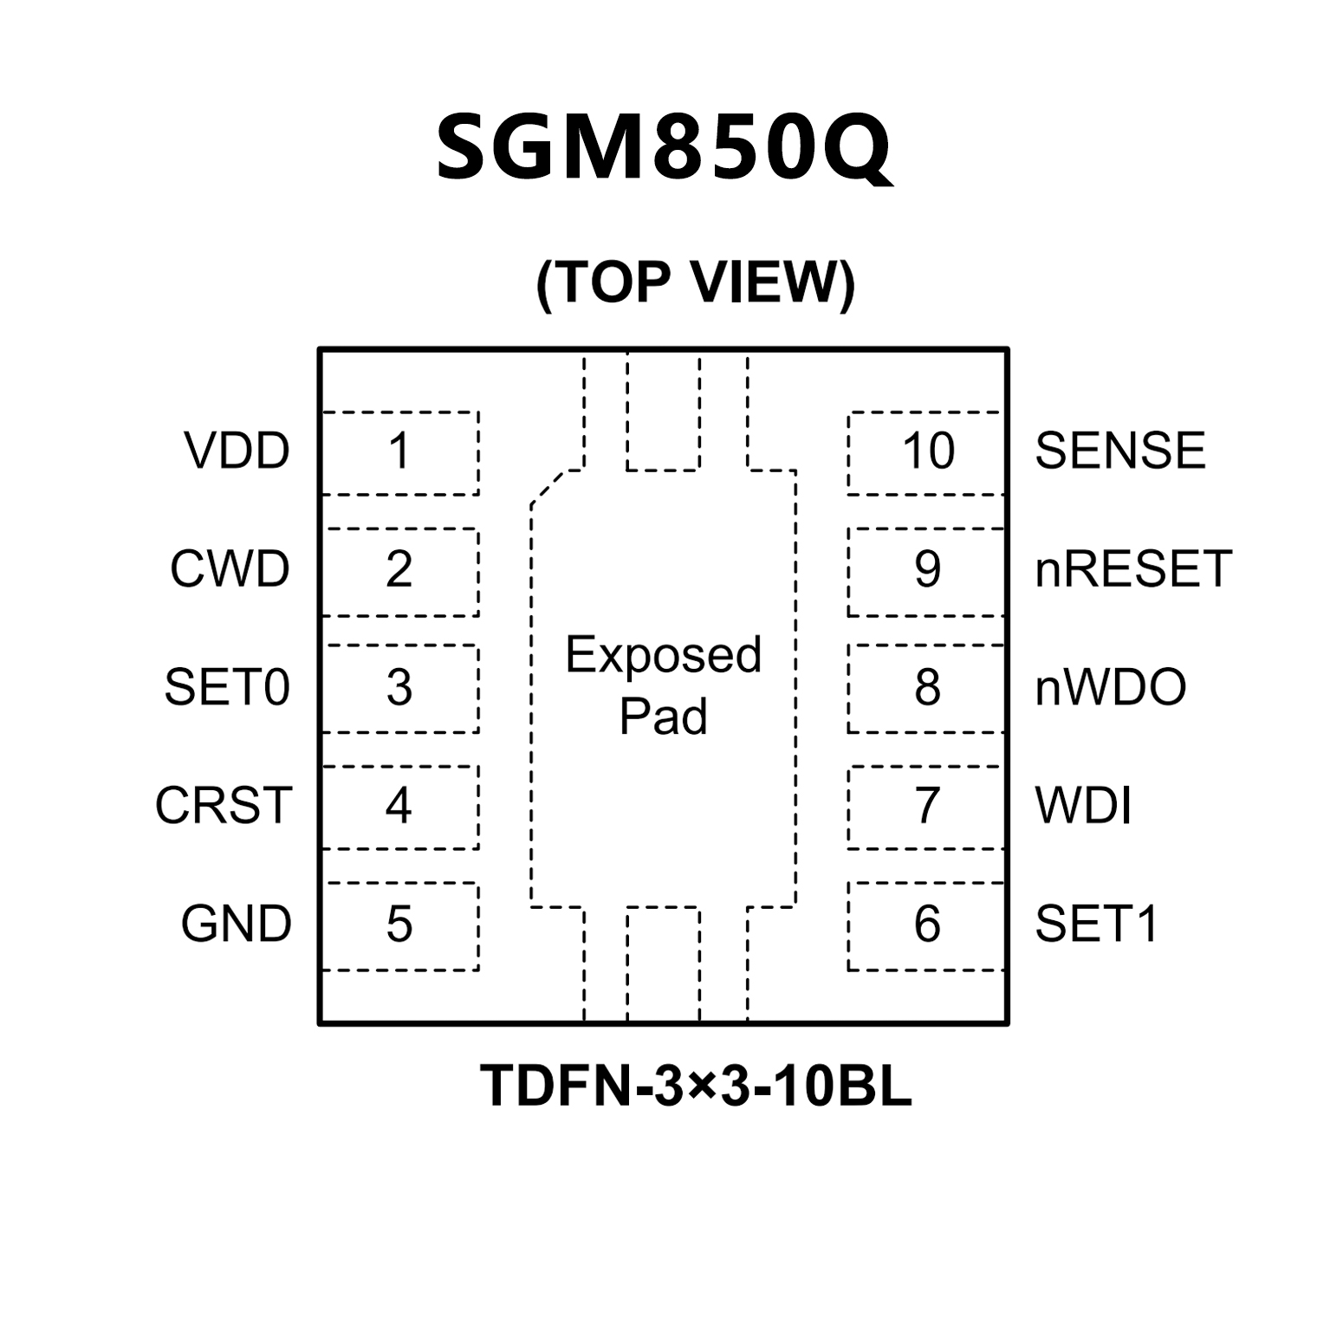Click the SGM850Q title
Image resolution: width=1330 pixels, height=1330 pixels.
[x=663, y=147]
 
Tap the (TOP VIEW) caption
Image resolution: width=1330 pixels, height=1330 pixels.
[x=696, y=282]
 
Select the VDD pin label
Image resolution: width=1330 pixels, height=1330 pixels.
[x=237, y=451]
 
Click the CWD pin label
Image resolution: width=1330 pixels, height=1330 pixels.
[x=230, y=569]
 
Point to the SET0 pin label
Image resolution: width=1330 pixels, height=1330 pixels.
[x=226, y=687]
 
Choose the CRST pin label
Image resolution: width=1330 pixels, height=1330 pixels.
[x=224, y=806]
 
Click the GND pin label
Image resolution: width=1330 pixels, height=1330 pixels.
[x=236, y=924]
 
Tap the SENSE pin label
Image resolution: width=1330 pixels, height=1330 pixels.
[x=1119, y=451]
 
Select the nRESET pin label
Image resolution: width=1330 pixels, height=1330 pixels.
[x=1132, y=569]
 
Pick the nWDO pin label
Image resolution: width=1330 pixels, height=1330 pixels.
[x=1110, y=687]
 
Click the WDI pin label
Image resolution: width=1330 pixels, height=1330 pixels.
[x=1083, y=806]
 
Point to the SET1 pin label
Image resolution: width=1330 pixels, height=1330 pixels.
[x=1096, y=924]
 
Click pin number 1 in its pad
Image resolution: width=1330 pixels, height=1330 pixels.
[x=399, y=451]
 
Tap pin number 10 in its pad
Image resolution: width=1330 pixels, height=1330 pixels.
[x=928, y=451]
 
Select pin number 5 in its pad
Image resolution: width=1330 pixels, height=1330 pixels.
[x=399, y=925]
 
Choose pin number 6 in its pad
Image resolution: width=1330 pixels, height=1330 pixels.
[x=927, y=925]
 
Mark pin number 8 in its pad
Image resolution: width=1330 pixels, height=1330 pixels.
[x=927, y=688]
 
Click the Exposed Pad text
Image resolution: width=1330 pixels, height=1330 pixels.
[x=664, y=684]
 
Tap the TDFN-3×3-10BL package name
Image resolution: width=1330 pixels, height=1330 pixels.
[x=696, y=1085]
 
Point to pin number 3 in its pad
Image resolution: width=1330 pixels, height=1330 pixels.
[x=399, y=688]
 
